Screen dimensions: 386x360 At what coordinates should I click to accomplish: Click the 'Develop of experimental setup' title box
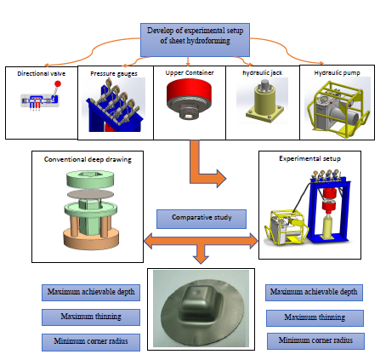coord(195,40)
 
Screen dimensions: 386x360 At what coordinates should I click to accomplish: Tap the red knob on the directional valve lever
coord(58,83)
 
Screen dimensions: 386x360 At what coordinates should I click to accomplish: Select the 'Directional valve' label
coord(42,74)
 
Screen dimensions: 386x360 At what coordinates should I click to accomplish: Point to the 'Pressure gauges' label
coord(114,74)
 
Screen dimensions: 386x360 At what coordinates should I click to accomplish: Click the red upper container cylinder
coord(189,91)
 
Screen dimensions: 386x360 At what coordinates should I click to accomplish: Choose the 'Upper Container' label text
coord(190,72)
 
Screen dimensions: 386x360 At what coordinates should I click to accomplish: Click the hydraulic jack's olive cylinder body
coord(265,100)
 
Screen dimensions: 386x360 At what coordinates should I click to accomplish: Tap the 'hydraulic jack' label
coord(263,72)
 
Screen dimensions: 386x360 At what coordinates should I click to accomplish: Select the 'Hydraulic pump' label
coord(337,73)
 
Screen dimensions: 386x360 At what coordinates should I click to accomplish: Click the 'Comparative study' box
coord(202,219)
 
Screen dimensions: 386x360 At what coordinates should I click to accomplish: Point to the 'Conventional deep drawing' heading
coord(88,159)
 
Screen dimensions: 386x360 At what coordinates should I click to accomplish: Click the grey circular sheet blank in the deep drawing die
coord(90,194)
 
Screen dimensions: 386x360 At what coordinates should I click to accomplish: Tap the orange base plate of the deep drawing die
coord(91,239)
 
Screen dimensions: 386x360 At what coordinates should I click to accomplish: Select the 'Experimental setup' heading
coord(309,158)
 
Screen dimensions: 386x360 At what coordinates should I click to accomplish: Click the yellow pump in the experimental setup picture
coord(285,227)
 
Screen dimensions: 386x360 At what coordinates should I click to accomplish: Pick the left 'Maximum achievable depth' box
coord(91,293)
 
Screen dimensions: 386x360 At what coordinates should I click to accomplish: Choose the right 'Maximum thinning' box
coord(315,318)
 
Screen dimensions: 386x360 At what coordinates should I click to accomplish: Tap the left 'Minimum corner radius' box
coord(91,342)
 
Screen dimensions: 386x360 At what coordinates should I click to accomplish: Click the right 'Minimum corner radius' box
coord(315,341)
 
